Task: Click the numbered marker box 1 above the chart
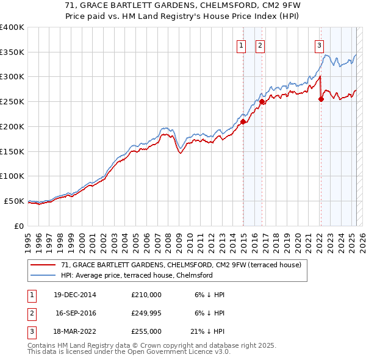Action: [x=241, y=45]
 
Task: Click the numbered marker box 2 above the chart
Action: [x=260, y=45]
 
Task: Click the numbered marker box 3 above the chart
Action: [x=319, y=45]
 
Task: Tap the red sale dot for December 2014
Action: [x=243, y=121]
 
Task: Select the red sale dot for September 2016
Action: [x=262, y=102]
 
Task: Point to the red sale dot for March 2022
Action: [x=321, y=99]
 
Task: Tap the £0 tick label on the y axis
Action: [x=18, y=226]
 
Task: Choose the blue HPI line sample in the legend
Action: [x=43, y=275]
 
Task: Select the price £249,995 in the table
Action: [x=146, y=313]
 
